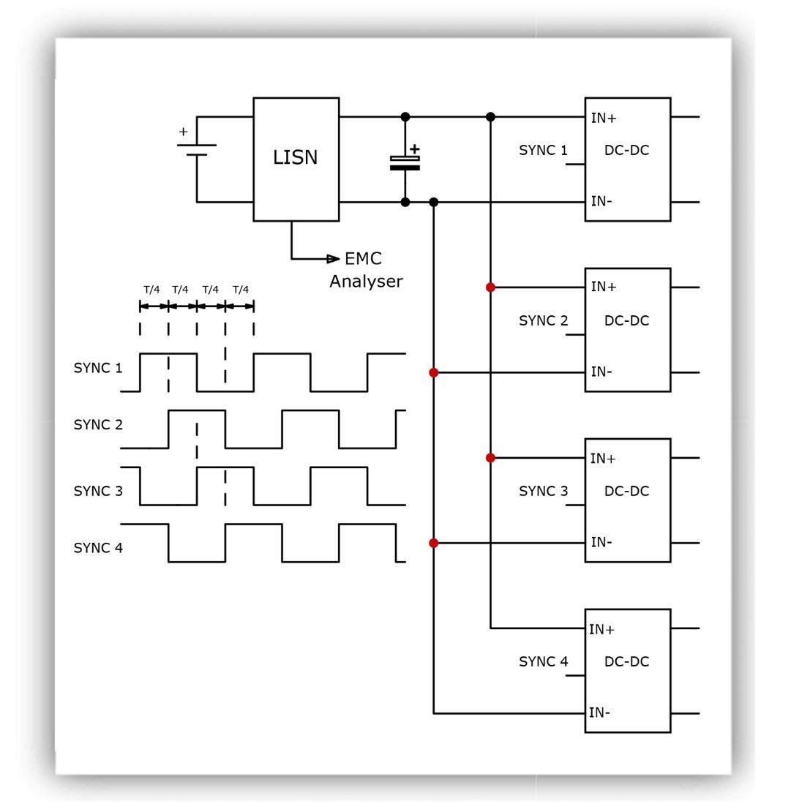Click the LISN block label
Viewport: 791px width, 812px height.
(x=296, y=157)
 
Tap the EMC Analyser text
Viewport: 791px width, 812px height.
(x=367, y=270)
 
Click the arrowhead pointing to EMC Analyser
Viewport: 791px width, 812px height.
(x=333, y=258)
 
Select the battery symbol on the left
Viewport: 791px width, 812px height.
(x=197, y=150)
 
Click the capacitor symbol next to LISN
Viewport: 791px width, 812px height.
(x=405, y=162)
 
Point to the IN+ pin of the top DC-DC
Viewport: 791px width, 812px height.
(x=604, y=119)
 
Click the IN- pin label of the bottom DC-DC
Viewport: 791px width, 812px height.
(x=599, y=713)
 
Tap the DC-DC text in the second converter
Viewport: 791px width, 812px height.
(x=627, y=320)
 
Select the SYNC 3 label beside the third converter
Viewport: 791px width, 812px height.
(x=544, y=491)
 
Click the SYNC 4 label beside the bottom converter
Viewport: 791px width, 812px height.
(x=544, y=661)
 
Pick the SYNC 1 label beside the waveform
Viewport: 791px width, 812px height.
(x=98, y=368)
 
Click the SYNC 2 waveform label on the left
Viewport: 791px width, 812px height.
(x=98, y=424)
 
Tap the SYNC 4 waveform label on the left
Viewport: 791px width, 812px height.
(x=98, y=548)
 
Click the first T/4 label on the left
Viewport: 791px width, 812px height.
(x=151, y=290)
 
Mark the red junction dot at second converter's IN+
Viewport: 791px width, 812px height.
(x=490, y=287)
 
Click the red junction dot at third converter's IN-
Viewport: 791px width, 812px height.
(x=434, y=543)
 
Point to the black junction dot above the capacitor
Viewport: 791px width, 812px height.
(x=405, y=117)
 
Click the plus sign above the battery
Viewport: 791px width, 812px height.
(x=184, y=132)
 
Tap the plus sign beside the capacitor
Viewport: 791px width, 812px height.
(x=414, y=149)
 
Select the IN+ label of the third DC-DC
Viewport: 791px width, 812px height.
(x=603, y=458)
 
